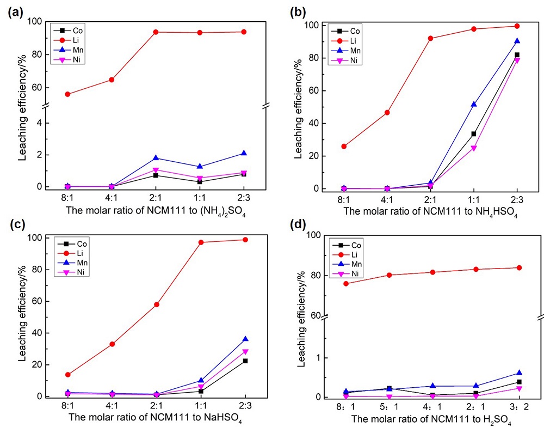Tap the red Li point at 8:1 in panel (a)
tap(67, 94)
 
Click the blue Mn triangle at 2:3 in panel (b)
tap(517, 41)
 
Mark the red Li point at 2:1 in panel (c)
tap(156, 304)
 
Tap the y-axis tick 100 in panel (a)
tap(40, 22)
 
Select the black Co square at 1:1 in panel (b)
tap(474, 134)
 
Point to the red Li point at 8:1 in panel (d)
tap(346, 284)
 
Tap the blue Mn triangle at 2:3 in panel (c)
tap(245, 339)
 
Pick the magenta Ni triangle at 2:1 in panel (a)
tap(156, 170)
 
